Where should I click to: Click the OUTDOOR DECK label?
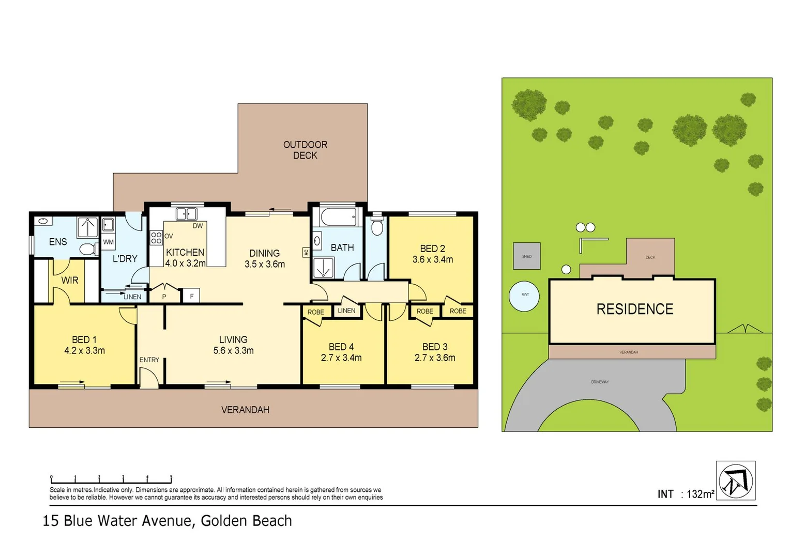[x=305, y=150]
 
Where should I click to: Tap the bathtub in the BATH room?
[x=339, y=216]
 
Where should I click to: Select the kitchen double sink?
[x=186, y=213]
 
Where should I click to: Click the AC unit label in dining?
[x=306, y=252]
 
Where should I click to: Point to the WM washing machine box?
[x=108, y=242]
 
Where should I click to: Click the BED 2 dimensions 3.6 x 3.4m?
[x=432, y=260]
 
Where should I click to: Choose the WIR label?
[x=70, y=280]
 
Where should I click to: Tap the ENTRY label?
[x=149, y=360]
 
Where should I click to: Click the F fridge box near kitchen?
[x=192, y=296]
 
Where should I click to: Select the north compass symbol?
[x=736, y=481]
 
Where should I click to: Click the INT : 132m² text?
[x=686, y=494]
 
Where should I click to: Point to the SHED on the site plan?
[x=526, y=256]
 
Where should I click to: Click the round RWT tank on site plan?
[x=524, y=296]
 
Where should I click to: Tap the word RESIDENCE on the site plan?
[x=634, y=309]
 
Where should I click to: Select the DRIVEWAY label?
[x=600, y=382]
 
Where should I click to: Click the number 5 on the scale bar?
[x=171, y=477]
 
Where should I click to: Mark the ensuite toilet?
[x=88, y=250]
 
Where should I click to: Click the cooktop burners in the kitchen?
[x=156, y=238]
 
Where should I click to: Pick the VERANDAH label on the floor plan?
[x=245, y=410]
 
